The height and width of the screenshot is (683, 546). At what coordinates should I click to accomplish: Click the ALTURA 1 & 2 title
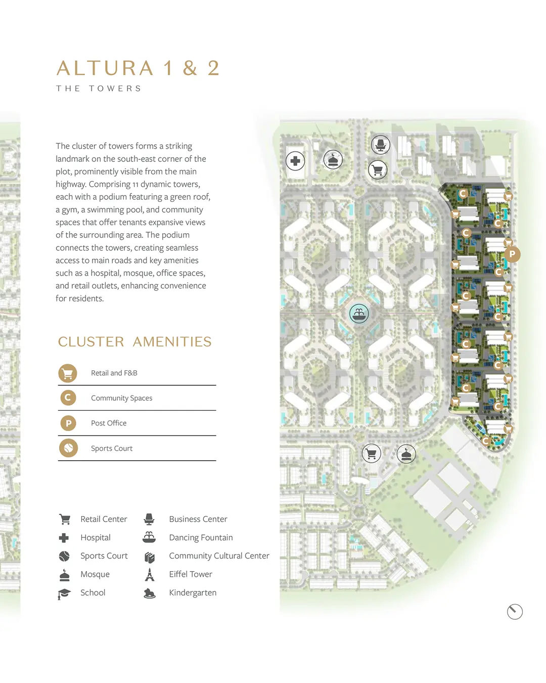coord(138,68)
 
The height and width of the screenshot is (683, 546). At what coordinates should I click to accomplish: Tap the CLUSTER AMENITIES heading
coord(134,342)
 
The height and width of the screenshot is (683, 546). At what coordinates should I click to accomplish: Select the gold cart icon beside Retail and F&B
coord(68,373)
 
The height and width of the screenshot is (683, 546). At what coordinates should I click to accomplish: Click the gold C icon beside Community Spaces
coord(68,398)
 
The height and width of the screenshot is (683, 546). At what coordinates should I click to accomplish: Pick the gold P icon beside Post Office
coord(68,423)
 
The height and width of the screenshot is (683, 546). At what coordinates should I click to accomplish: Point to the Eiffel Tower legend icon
coord(150,574)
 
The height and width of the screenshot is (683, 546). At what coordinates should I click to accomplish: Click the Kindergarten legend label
coord(193,592)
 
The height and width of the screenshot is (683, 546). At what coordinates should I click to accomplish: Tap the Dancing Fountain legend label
coord(201,537)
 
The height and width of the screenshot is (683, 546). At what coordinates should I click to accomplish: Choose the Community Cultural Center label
coord(219,556)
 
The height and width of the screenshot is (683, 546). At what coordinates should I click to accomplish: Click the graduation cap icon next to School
coord(64,593)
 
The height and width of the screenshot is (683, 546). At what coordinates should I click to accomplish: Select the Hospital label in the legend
coord(96,538)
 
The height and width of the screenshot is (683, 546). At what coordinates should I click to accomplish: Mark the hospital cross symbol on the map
coord(295,161)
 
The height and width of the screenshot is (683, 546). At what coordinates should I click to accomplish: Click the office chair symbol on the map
coord(380,145)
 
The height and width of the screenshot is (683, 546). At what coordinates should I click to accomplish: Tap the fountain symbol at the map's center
coord(359,314)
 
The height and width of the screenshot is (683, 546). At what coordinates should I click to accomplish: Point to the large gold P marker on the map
coord(512,254)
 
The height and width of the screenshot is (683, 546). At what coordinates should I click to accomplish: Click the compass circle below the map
coord(515,612)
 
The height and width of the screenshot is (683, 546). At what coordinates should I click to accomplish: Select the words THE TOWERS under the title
coord(99,88)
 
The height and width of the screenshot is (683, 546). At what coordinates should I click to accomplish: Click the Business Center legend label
coord(198,519)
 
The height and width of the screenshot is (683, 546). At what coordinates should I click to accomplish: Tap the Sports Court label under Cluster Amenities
coord(112,448)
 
